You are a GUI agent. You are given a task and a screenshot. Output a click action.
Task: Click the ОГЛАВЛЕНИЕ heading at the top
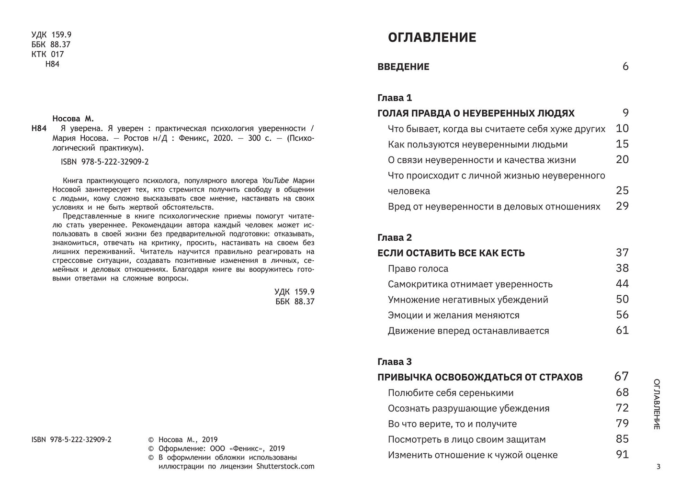tap(431, 37)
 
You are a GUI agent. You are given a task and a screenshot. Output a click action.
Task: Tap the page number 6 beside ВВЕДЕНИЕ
tap(625, 67)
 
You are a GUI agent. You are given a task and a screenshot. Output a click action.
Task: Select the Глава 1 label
tap(395, 98)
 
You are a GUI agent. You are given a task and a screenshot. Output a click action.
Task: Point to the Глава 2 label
tap(395, 237)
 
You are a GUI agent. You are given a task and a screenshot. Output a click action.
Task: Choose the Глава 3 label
tap(395, 362)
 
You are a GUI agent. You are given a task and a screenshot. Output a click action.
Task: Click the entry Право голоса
tap(418, 268)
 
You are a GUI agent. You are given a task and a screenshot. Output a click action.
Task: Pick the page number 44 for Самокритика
tap(622, 284)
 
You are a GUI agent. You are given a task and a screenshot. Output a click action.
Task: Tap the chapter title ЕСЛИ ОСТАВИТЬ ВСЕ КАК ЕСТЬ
tap(451, 253)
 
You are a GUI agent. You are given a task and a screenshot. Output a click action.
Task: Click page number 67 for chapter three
tap(621, 377)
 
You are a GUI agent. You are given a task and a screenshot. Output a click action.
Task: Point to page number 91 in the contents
tap(622, 455)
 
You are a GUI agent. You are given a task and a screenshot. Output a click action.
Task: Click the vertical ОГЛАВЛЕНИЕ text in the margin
tap(657, 404)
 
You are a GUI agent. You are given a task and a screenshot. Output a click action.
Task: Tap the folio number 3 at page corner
tap(658, 467)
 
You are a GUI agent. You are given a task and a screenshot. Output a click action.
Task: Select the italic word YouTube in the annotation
tap(275, 180)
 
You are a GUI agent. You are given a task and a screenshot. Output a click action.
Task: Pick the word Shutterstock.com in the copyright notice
tap(285, 466)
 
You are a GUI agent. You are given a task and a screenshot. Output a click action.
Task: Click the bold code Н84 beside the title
tap(39, 128)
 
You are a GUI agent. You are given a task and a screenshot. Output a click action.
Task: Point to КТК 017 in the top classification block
tap(47, 54)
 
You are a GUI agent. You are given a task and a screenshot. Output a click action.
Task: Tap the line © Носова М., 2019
tap(183, 440)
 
